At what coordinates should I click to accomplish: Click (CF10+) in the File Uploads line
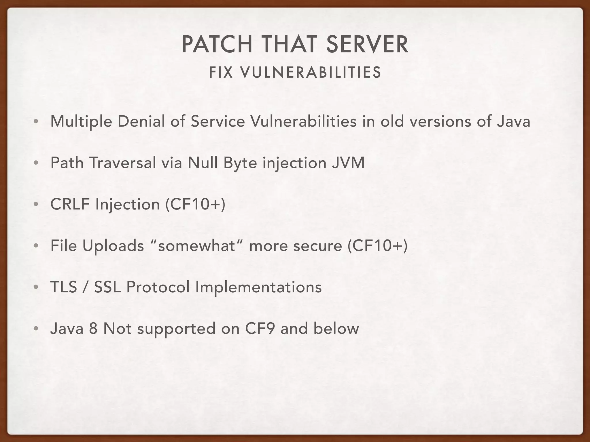pos(377,246)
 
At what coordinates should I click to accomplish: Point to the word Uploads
pos(113,246)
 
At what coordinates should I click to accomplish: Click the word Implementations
pos(258,287)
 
